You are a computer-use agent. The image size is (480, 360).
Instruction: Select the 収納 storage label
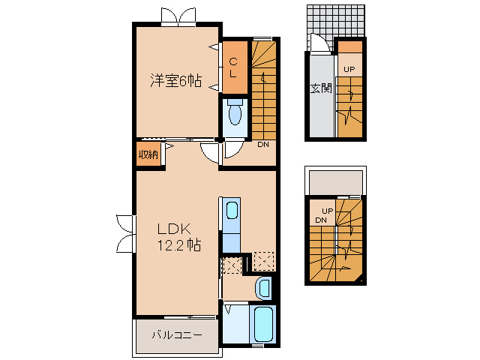point(148,154)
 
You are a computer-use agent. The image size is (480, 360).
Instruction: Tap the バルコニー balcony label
point(177,335)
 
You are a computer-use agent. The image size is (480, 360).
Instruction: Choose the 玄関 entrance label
point(321,88)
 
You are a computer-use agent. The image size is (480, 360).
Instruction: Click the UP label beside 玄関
point(349,70)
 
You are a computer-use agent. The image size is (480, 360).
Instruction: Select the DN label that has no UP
point(263,144)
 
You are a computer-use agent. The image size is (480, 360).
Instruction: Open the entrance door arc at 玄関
point(319,46)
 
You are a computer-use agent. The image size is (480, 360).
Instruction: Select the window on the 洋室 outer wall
point(177,16)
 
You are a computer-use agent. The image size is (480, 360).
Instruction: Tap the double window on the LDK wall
point(124,232)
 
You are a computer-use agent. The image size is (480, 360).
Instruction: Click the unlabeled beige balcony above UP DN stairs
point(335,181)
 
